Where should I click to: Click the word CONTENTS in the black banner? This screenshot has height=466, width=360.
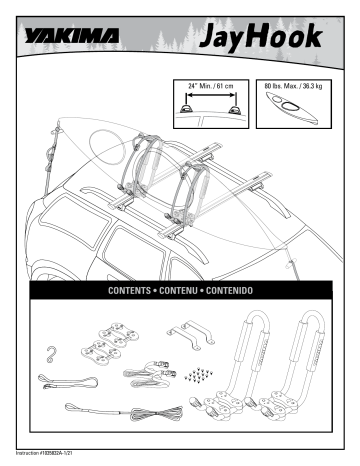pos(133,291)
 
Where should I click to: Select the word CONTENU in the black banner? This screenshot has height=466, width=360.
pos(184,291)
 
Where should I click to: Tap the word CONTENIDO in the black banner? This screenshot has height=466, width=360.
pos(235,291)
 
